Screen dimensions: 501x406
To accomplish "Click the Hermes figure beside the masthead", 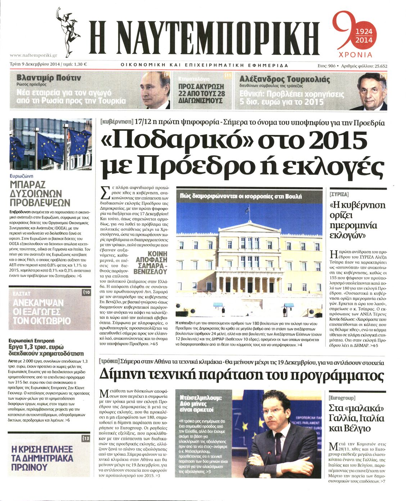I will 68,31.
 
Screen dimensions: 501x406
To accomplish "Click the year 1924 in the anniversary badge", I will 364,32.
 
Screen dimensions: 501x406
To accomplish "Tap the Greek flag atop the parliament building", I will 248,209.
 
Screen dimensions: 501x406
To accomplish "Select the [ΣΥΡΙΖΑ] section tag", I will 339,194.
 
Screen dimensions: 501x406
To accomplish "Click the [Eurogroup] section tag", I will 342,397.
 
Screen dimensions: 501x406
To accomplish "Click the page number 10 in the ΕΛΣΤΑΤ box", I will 86,293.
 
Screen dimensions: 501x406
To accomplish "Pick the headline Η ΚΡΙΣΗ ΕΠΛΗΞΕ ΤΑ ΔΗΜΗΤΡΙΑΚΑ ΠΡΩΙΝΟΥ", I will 42,458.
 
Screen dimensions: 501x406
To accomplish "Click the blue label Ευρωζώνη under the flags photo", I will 22,176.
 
